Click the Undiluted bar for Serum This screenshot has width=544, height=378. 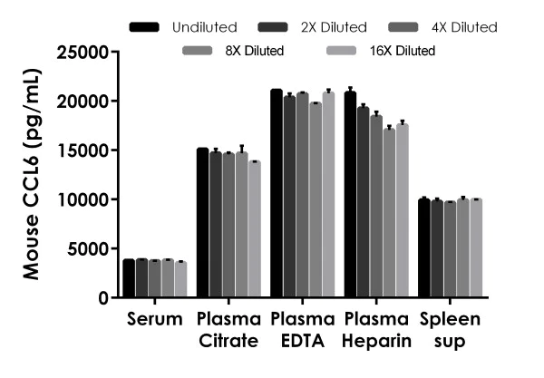click(x=129, y=278)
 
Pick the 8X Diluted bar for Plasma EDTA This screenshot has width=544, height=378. click(x=316, y=200)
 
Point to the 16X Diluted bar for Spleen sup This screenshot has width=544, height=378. click(x=476, y=248)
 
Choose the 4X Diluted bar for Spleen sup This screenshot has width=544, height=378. click(x=451, y=249)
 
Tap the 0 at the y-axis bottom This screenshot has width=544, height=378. click(x=104, y=298)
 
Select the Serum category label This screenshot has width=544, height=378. click(x=154, y=320)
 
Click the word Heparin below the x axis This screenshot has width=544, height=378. click(x=377, y=341)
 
